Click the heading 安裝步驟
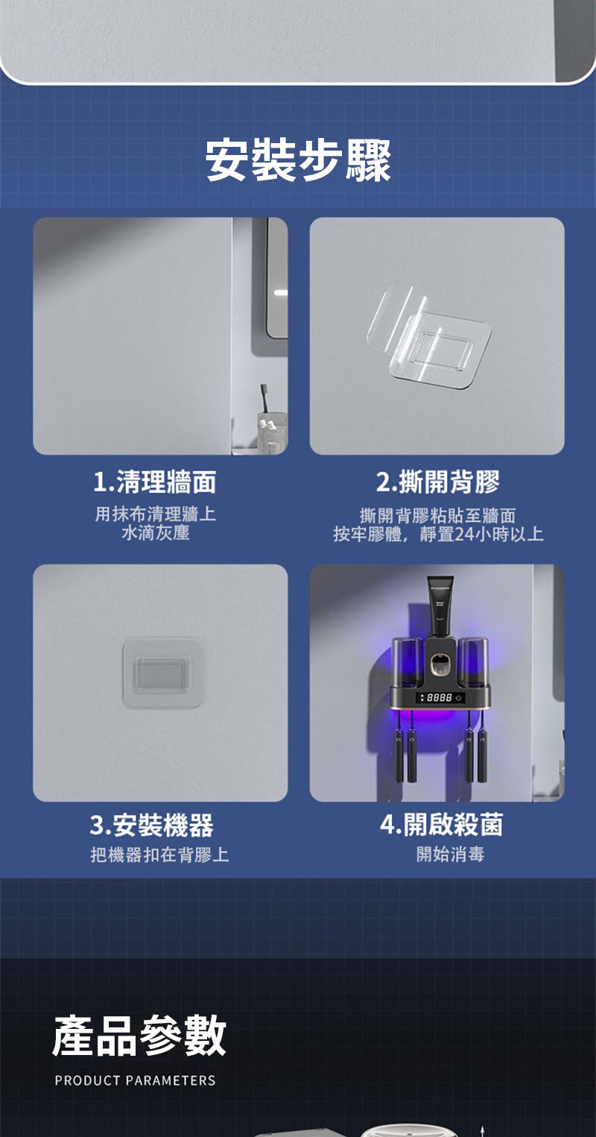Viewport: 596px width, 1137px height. (x=298, y=160)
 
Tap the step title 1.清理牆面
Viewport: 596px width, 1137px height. (x=155, y=482)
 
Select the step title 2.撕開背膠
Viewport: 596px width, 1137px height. (x=438, y=482)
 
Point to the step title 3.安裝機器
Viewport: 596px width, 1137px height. (x=152, y=825)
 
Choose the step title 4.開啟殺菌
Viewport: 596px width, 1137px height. (x=441, y=825)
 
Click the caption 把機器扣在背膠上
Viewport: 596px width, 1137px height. (x=159, y=855)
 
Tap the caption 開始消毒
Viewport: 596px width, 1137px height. (x=451, y=854)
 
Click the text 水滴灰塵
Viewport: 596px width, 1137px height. (x=156, y=533)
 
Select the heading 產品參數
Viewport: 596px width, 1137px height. (x=139, y=1036)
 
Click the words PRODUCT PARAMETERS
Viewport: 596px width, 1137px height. (x=135, y=1080)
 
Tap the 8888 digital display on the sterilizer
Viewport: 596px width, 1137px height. (x=439, y=698)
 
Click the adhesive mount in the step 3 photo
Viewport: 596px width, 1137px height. (x=162, y=673)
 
